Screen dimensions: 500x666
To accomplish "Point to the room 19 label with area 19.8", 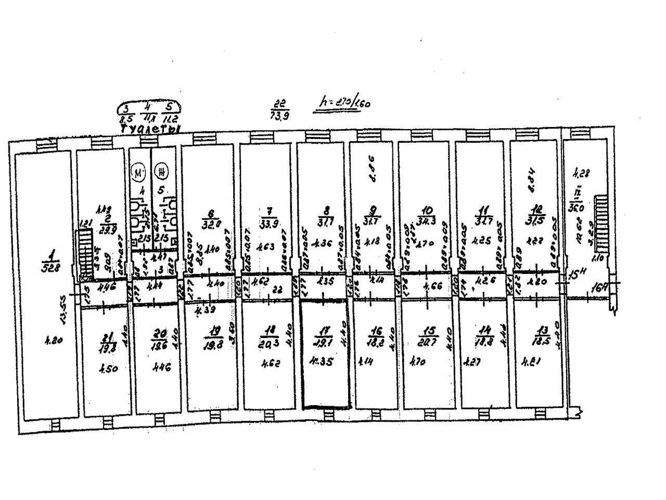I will [x=213, y=337].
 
